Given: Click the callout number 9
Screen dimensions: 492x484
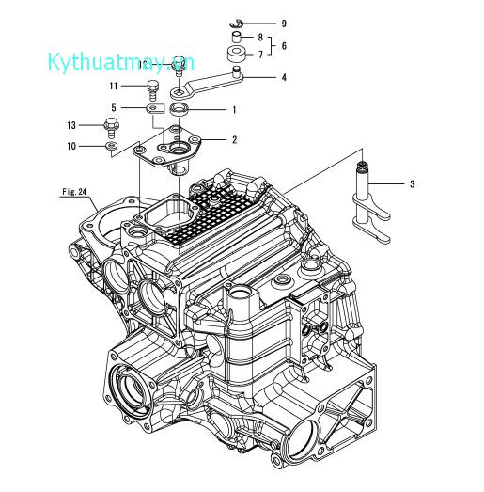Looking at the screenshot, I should pos(258,22).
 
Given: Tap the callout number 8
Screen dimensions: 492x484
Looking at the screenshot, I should pos(260,37).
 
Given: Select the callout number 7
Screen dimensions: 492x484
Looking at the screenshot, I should pos(260,55).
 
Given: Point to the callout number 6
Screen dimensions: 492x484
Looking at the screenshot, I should pos(283,45).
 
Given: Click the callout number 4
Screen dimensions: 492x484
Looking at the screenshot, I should pos(284,77).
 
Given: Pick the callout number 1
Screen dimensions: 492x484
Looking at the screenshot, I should pos(234,109).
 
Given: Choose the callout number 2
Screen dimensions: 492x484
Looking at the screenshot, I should pos(234,139).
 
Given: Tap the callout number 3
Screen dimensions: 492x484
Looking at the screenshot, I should pos(411,184).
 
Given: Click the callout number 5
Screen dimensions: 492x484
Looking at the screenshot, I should pos(114,108).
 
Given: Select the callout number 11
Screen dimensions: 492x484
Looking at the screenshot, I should pos(112,87).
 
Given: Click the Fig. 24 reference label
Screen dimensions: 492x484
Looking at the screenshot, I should pos(74,192).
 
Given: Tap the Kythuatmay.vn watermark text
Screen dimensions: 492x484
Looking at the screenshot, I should pos(121,62).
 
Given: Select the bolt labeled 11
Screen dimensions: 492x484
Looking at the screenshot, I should pos(150,90).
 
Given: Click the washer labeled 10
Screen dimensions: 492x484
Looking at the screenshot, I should pos(111,146).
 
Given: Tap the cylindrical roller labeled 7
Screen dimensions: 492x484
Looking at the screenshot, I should pos(235,56).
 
